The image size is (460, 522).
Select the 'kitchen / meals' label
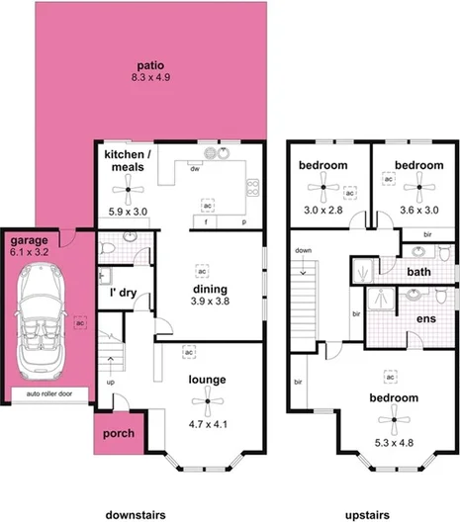[128, 162]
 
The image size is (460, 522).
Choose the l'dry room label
[123, 293]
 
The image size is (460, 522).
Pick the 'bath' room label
[419, 270]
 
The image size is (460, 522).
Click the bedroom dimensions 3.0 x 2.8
[323, 211]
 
